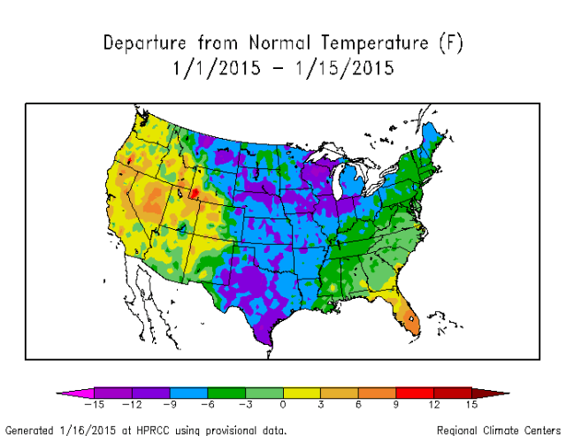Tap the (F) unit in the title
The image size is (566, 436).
click(448, 43)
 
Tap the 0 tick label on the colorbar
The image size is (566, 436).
click(283, 404)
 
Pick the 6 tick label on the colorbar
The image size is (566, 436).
click(358, 404)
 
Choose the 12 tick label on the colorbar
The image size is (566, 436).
click(433, 404)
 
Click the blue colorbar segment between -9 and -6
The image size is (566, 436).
click(187, 392)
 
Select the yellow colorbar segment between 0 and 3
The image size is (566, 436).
click(302, 392)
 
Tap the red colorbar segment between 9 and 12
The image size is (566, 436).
click(415, 392)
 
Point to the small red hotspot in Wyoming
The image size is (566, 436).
click(194, 192)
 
